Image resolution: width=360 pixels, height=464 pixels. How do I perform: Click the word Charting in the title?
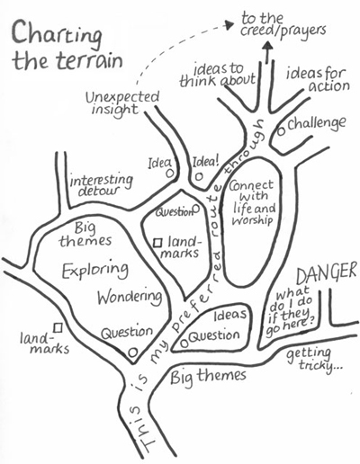(x=57, y=35)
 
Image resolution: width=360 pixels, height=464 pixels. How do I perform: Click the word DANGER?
(x=327, y=272)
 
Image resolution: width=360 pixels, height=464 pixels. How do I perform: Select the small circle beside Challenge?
(x=281, y=131)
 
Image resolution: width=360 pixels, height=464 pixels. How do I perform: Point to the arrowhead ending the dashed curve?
(x=229, y=24)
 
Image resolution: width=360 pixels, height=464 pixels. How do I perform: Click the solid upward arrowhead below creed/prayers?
(x=268, y=46)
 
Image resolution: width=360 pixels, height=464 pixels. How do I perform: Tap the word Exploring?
(x=94, y=270)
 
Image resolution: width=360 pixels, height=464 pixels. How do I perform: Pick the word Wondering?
(x=130, y=297)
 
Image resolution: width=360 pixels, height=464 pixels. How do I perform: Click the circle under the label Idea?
(x=198, y=176)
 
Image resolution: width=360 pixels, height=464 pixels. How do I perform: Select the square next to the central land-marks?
(x=157, y=243)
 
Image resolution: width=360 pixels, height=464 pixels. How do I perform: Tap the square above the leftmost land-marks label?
(x=58, y=327)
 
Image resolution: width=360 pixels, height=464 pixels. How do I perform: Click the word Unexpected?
(x=122, y=98)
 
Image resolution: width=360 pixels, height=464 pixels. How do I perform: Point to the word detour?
(x=99, y=191)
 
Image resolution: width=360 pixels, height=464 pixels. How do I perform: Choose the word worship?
(x=253, y=221)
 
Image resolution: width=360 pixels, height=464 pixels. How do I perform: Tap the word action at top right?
(x=329, y=86)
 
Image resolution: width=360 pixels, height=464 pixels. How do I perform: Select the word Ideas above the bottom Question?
(x=230, y=315)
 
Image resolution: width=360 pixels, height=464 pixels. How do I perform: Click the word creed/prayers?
(x=283, y=31)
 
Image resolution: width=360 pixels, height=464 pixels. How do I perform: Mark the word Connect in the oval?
(x=251, y=185)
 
